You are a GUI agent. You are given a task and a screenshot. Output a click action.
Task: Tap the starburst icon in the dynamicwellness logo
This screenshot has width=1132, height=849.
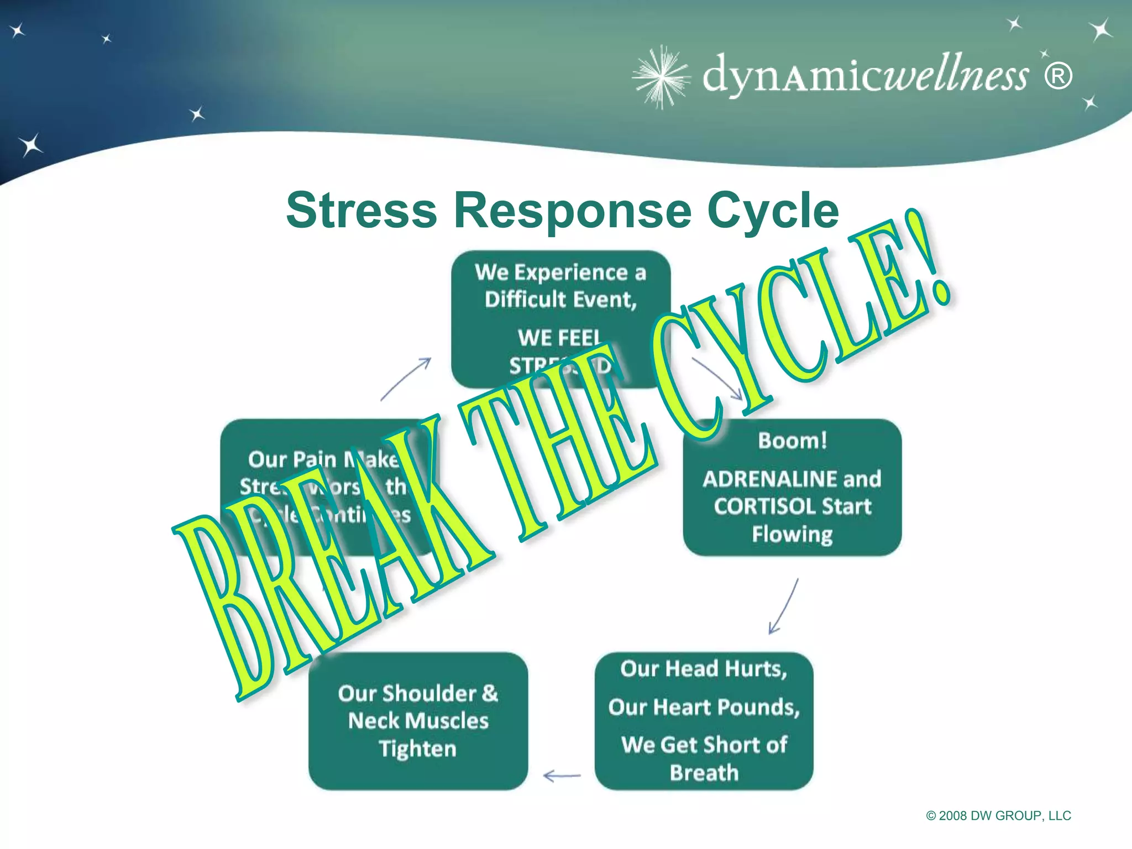[661, 77]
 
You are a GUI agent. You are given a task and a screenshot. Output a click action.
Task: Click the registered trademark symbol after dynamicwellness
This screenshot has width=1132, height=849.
[1058, 76]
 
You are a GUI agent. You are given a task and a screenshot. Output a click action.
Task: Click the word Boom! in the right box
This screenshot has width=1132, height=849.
[793, 441]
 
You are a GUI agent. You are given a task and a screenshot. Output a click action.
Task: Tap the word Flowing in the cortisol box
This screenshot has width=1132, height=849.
[793, 534]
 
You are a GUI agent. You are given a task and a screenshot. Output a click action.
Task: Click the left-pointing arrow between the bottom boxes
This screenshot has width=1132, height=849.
[562, 776]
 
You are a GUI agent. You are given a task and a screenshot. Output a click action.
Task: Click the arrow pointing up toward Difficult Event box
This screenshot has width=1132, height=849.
[406, 379]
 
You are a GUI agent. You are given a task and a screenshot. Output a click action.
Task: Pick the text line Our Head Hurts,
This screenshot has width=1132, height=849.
[703, 669]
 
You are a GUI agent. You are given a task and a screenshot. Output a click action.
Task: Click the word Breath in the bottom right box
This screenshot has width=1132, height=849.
[704, 773]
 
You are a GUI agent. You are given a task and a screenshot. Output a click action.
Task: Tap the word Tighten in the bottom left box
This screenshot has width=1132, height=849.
[418, 748]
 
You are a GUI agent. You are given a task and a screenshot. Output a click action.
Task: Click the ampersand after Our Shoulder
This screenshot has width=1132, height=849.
[490, 693]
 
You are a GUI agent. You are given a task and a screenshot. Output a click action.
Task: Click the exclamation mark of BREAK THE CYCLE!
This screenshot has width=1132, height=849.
[929, 260]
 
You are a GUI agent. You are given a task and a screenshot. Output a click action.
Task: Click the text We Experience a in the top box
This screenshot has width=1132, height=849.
[560, 272]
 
